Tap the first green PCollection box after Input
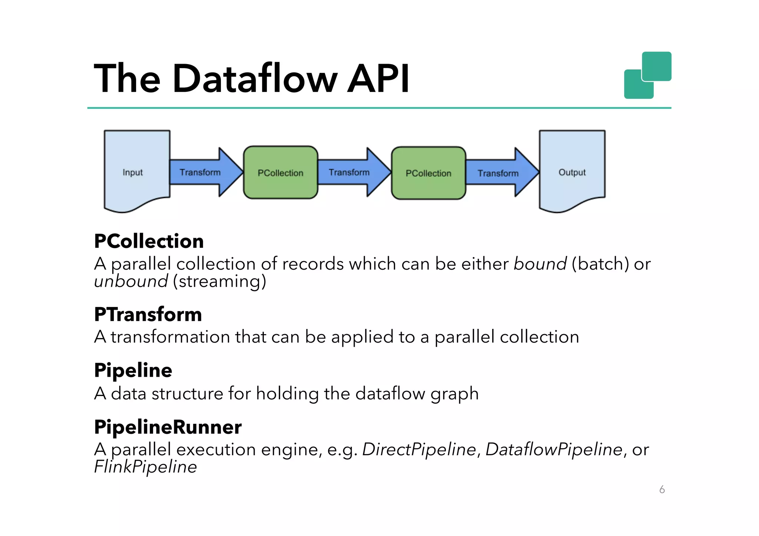281,173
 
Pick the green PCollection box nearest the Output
428,173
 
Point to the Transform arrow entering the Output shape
498,173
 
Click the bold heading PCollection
149,241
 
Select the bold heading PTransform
148,314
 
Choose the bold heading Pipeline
133,370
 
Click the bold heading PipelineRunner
168,427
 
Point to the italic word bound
540,264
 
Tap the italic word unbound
131,281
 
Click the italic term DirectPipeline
419,449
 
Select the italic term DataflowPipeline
554,449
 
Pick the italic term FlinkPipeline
145,467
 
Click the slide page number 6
662,490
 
